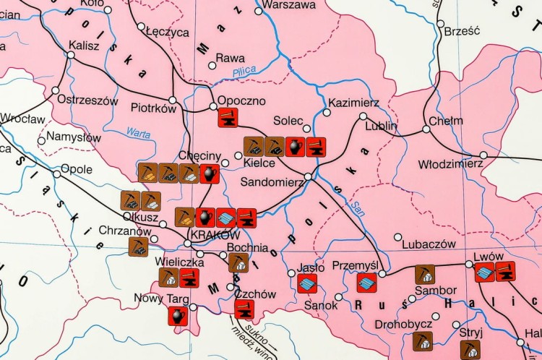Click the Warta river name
138,133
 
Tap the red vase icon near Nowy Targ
178,314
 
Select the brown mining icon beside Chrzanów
137,247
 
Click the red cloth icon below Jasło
307,283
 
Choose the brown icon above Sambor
425,275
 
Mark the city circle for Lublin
364,116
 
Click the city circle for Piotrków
172,100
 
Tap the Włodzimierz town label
450,164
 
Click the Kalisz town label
83,45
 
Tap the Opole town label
76,169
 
